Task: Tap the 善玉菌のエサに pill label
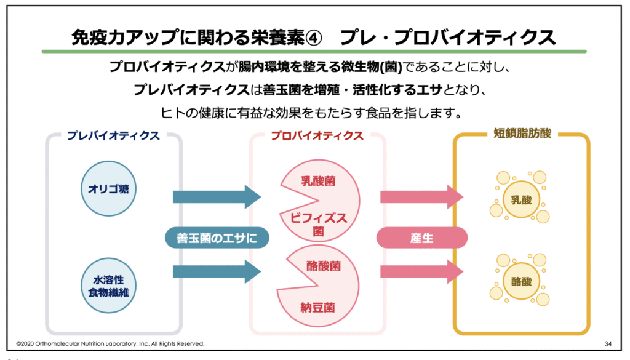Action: [217, 238]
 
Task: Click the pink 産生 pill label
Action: [421, 238]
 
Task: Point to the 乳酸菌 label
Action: [318, 182]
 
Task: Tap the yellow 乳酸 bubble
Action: [520, 200]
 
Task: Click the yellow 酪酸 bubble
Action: [520, 282]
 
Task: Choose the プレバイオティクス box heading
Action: [113, 136]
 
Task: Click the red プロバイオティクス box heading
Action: [317, 136]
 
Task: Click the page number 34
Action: [608, 343]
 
